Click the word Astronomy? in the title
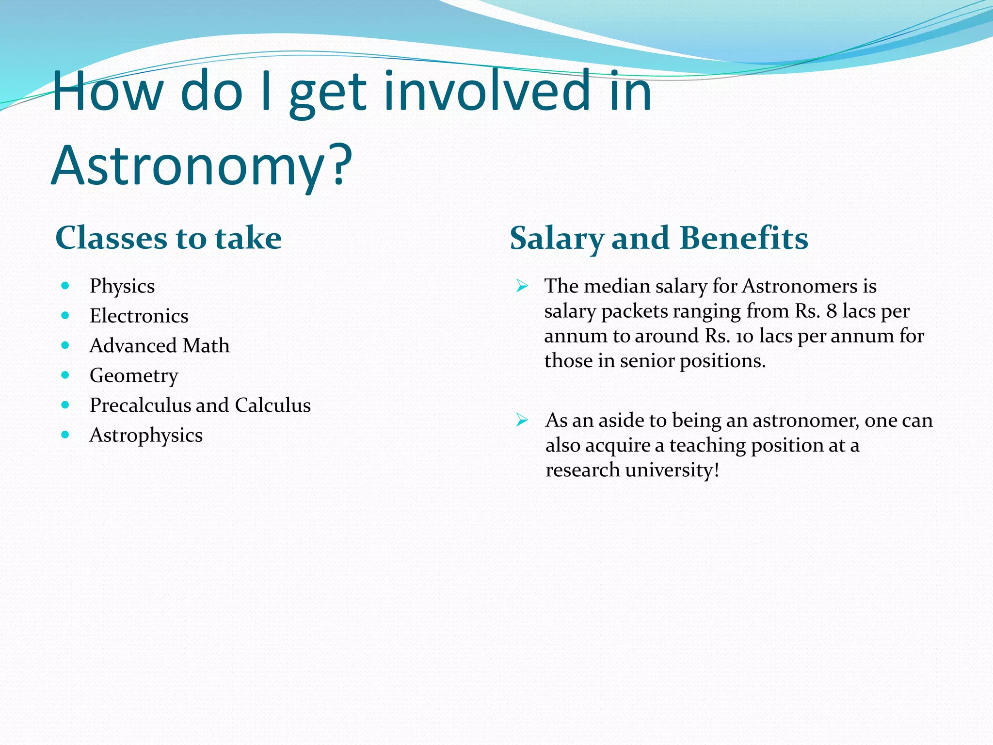[x=201, y=166]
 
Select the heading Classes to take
[x=168, y=238]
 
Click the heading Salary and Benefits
[x=659, y=239]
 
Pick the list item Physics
[x=122, y=286]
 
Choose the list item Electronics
[x=139, y=316]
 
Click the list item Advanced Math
[x=160, y=346]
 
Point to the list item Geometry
[x=134, y=376]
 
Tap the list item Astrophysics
[x=146, y=436]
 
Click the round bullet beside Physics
[x=65, y=286]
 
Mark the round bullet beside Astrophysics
[x=65, y=435]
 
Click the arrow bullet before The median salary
[x=522, y=286]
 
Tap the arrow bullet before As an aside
[x=522, y=420]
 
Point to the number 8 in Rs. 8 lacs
[x=832, y=311]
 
